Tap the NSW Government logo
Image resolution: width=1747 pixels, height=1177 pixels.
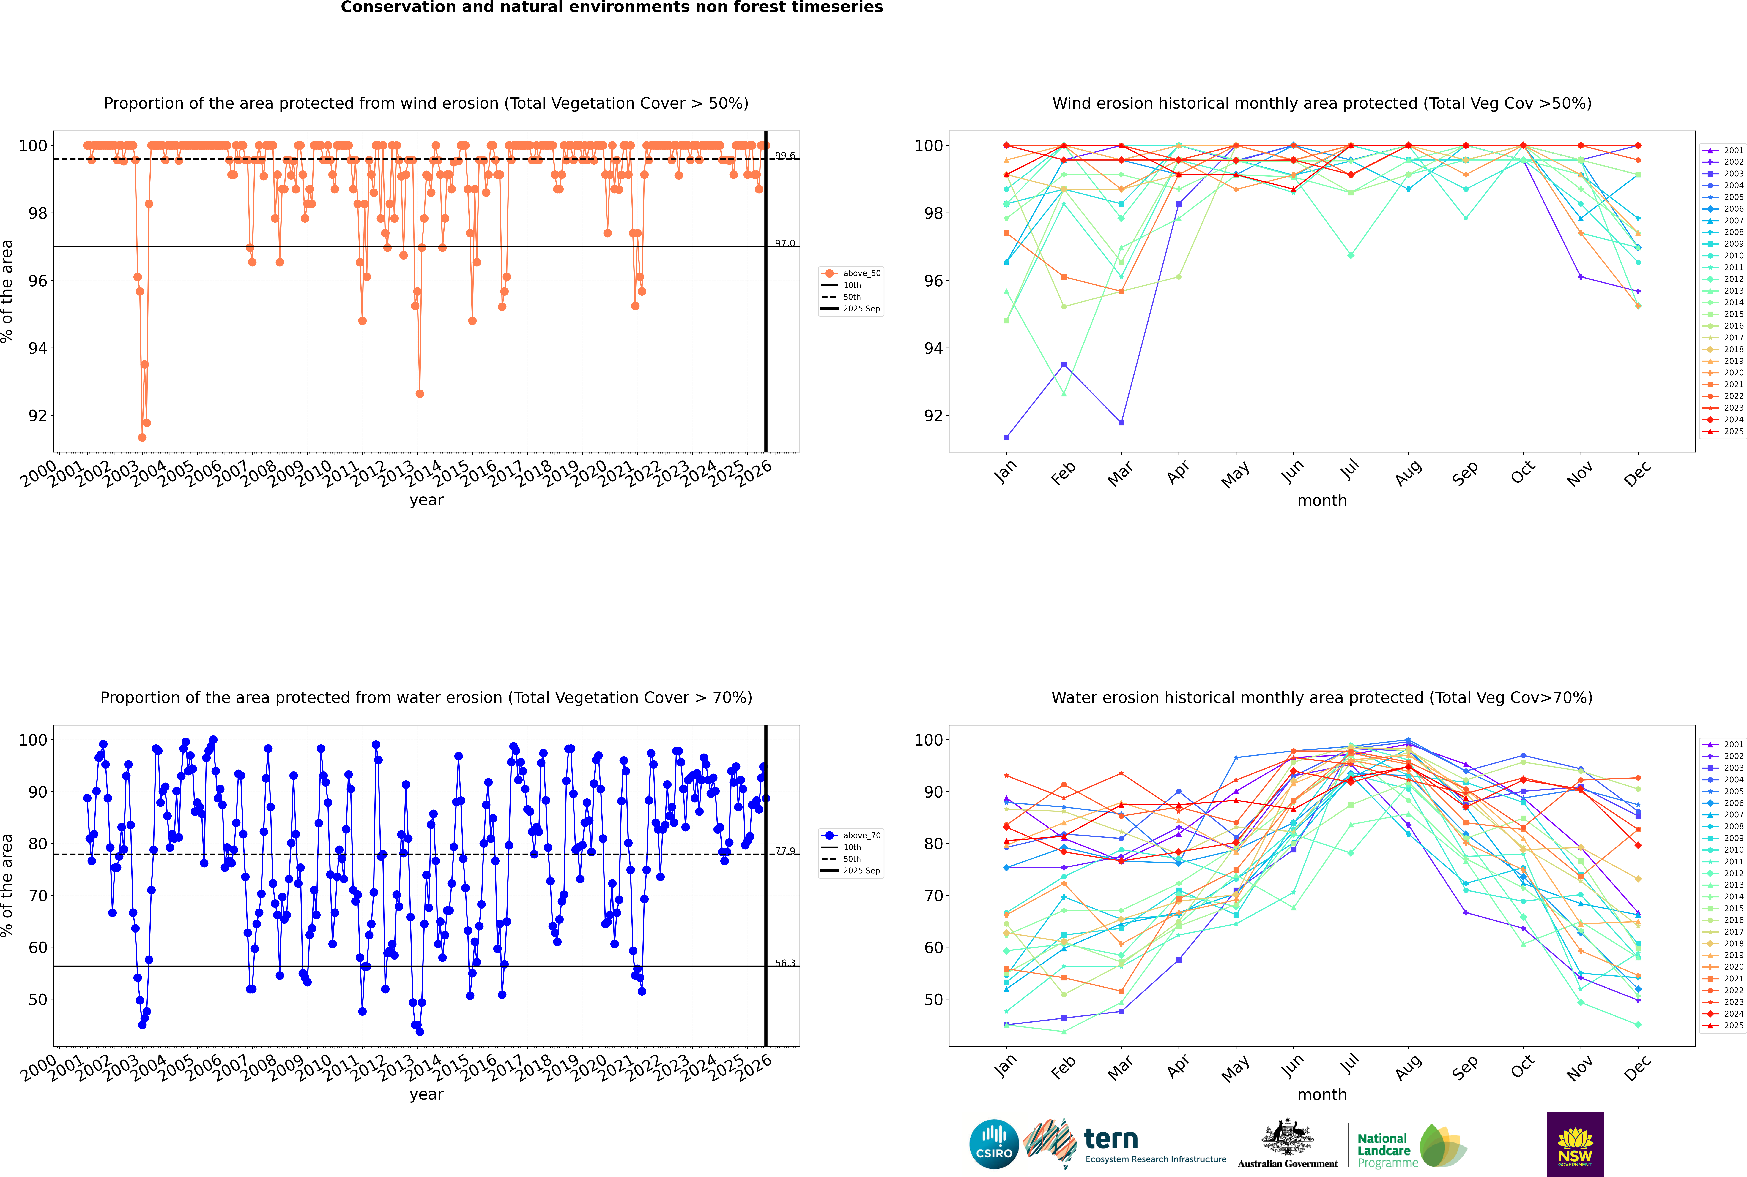pos(1575,1143)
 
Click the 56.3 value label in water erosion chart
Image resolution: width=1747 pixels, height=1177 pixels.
pos(785,963)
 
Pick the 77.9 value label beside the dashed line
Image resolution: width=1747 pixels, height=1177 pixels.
pos(785,851)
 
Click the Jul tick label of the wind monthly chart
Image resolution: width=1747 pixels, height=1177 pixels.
pos(1350,470)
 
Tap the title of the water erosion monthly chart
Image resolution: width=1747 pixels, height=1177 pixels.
pos(1322,697)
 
